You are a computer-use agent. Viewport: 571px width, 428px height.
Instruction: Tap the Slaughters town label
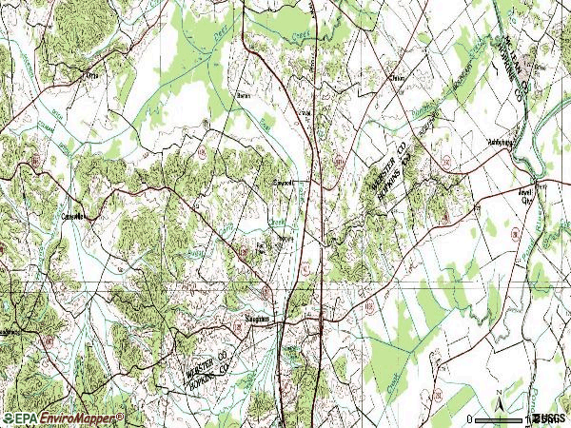[x=257, y=320]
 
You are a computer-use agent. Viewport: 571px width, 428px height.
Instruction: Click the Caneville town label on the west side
[x=73, y=216]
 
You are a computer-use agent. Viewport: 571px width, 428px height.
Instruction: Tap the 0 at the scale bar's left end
[x=470, y=419]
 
